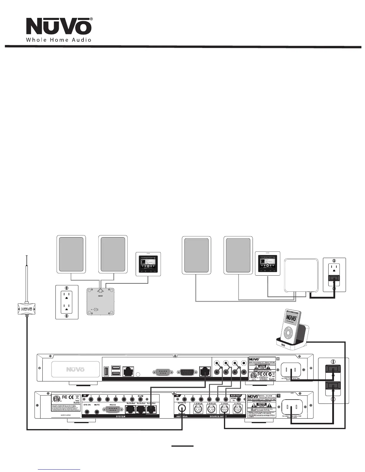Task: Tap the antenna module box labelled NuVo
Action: pos(27,100)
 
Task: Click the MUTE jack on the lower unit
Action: pos(97,412)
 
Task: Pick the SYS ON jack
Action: pos(87,412)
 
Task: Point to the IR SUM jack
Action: pos(140,399)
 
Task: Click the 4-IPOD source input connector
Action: pos(237,410)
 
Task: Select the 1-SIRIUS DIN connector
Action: pos(198,410)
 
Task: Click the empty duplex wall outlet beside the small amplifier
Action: pos(67,94)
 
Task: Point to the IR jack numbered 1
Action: pos(91,399)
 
